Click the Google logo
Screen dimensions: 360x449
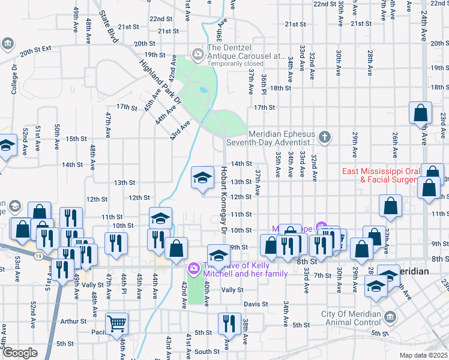(x=20, y=353)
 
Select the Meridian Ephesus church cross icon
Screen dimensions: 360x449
(x=325, y=137)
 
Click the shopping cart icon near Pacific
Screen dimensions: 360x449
(x=117, y=324)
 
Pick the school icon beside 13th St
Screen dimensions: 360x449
(x=202, y=177)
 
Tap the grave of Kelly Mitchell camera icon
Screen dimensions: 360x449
(x=194, y=268)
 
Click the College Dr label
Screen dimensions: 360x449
(x=14, y=79)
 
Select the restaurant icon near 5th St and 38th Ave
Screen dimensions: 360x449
(x=229, y=323)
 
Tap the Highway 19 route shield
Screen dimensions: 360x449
(x=38, y=256)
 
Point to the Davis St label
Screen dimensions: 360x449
(x=255, y=304)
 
